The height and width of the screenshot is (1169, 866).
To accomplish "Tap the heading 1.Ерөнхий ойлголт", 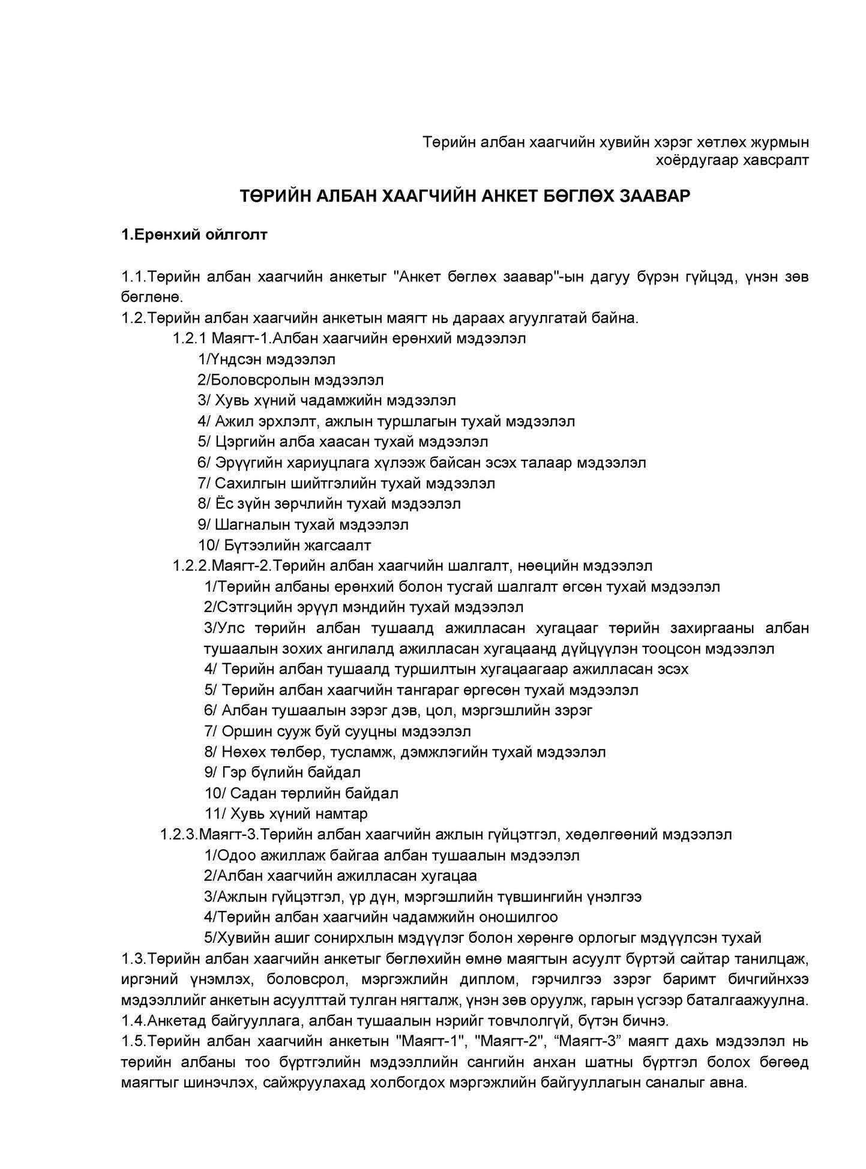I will (x=194, y=234).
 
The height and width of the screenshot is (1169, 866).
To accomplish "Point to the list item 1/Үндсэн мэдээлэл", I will (x=266, y=359).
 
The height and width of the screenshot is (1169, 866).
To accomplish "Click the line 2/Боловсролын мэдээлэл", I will (x=290, y=380).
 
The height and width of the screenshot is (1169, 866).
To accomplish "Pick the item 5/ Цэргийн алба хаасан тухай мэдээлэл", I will (x=343, y=442).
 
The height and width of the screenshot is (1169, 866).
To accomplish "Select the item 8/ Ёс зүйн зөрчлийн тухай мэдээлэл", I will (x=329, y=503).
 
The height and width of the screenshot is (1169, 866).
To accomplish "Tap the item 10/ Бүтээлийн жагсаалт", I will (x=284, y=545).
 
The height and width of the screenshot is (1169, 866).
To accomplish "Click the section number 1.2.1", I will (x=189, y=338).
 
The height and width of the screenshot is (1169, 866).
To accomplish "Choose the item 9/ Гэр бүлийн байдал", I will (x=282, y=772).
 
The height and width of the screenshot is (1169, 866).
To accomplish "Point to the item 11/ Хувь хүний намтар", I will (x=286, y=813).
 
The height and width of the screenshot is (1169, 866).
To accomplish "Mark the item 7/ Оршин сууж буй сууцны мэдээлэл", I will (x=337, y=731).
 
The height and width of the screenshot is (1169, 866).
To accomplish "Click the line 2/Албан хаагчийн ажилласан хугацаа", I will (x=340, y=876).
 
